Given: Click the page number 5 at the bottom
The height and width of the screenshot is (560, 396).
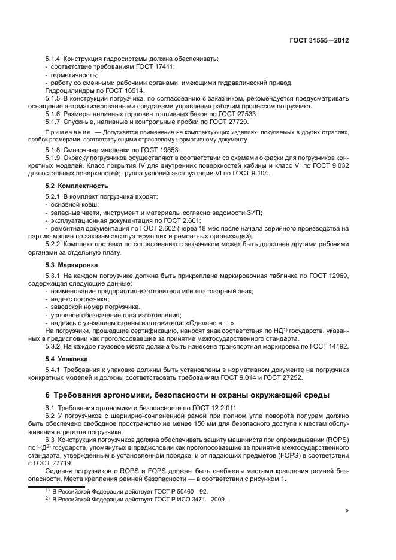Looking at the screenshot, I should tap(347, 510).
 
